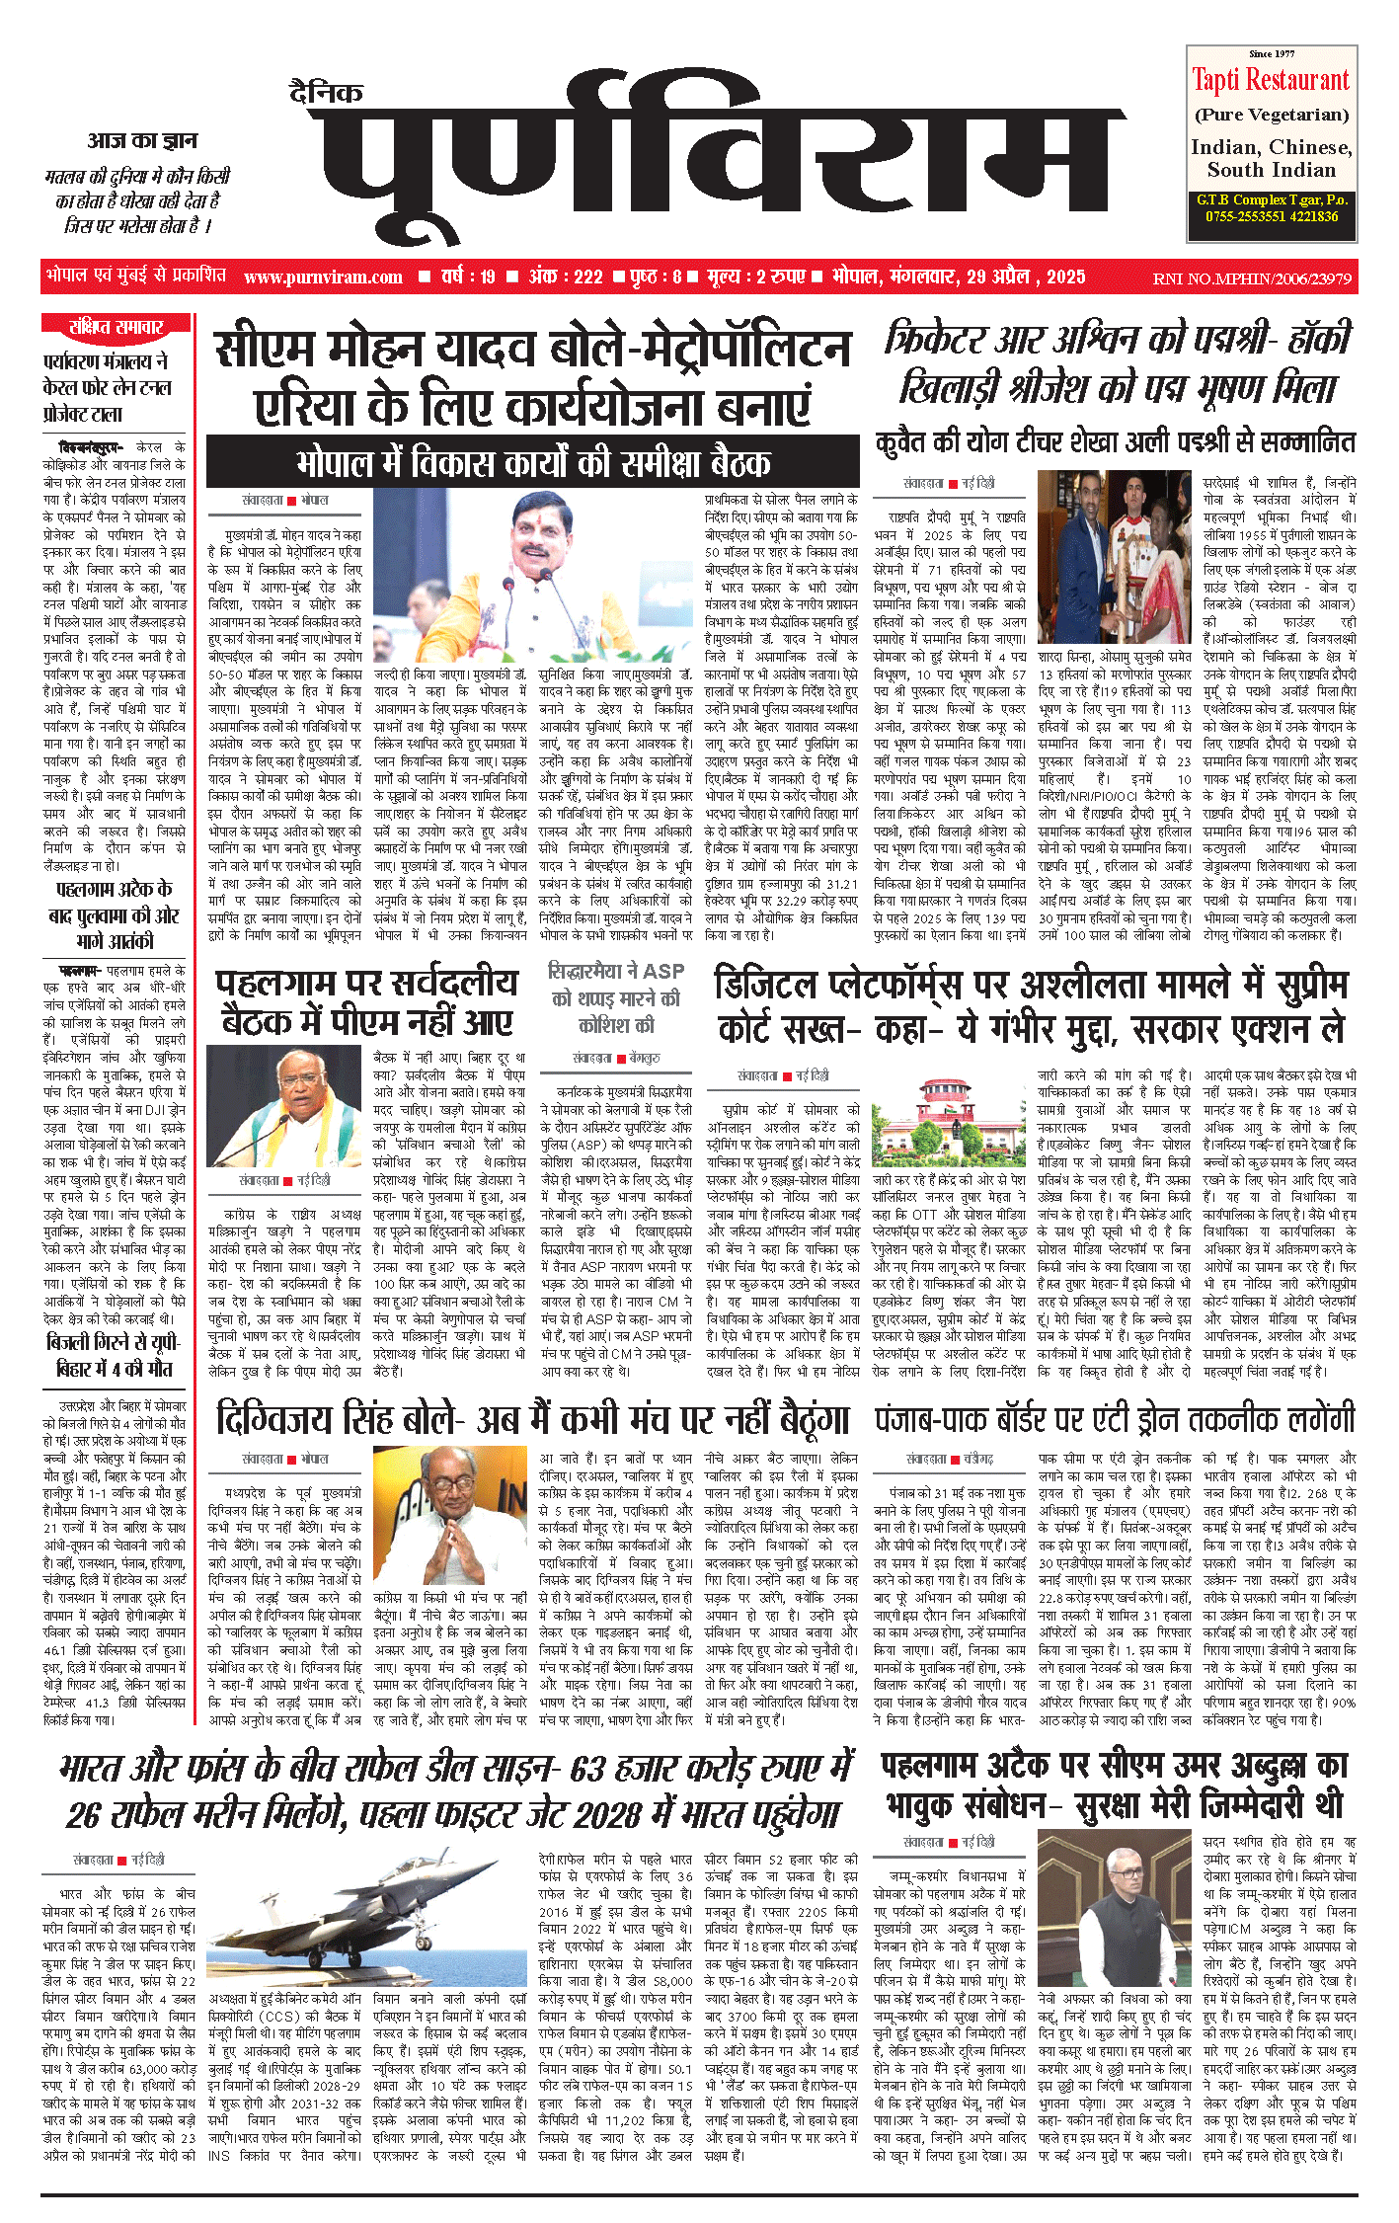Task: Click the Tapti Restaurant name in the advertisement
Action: click(x=1270, y=80)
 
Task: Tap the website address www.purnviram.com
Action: click(x=323, y=278)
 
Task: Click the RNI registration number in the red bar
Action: click(x=1252, y=278)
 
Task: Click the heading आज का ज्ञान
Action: click(x=142, y=140)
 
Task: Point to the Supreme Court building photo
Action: click(x=949, y=1120)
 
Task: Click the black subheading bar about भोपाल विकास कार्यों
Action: click(x=532, y=462)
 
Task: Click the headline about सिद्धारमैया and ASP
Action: click(x=616, y=997)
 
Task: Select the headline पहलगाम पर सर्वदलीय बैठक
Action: click(x=366, y=1002)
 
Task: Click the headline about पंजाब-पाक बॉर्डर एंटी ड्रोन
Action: click(x=1115, y=1419)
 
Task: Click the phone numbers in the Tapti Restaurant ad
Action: click(x=1271, y=216)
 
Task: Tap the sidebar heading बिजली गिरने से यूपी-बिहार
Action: click(x=115, y=1354)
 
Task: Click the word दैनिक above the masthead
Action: click(x=326, y=93)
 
